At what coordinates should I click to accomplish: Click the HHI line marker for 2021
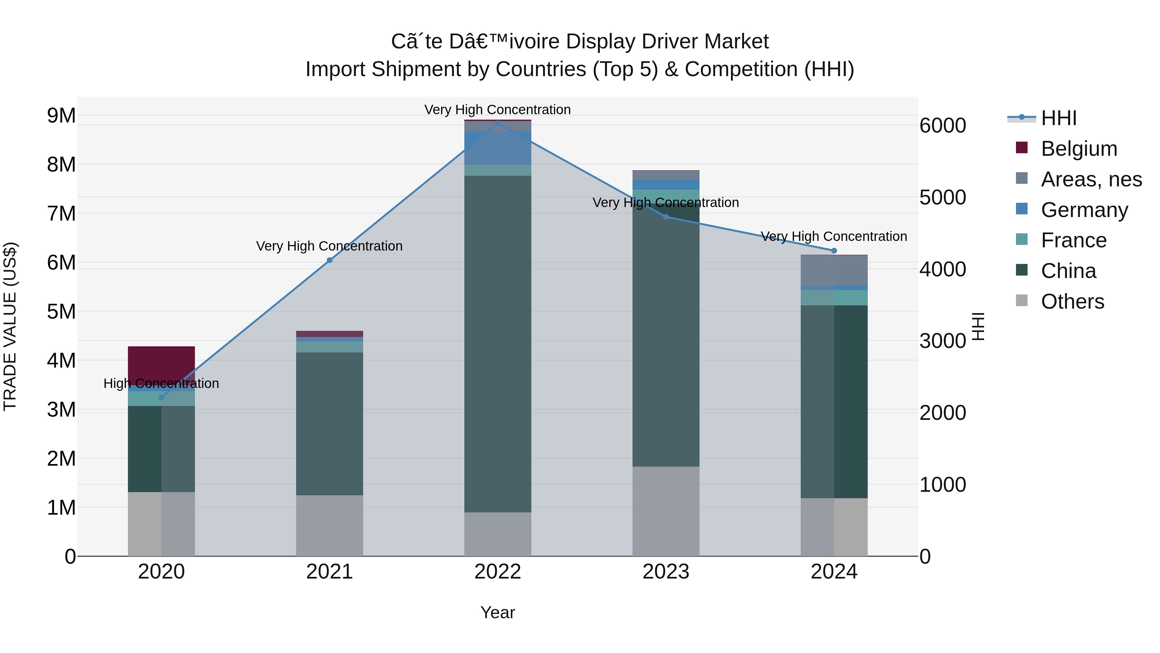(x=329, y=260)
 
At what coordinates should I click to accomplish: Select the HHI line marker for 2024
(x=834, y=251)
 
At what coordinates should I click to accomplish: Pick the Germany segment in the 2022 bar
(x=498, y=148)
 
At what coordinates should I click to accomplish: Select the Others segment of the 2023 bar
(x=666, y=511)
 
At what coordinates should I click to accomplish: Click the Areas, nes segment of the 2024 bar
(x=834, y=270)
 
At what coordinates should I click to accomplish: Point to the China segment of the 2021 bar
(x=329, y=424)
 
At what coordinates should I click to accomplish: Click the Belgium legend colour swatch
(x=1022, y=148)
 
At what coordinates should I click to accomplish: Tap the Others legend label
(x=1072, y=302)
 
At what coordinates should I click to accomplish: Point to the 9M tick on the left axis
(x=61, y=116)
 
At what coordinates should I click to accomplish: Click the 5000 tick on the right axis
(x=943, y=197)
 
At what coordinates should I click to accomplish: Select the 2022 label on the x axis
(x=498, y=572)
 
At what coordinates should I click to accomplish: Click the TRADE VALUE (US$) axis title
(x=10, y=326)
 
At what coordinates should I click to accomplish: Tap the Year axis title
(x=498, y=612)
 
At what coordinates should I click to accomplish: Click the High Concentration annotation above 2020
(x=161, y=383)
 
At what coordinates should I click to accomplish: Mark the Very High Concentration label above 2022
(x=498, y=110)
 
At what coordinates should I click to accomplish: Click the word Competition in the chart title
(x=737, y=69)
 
